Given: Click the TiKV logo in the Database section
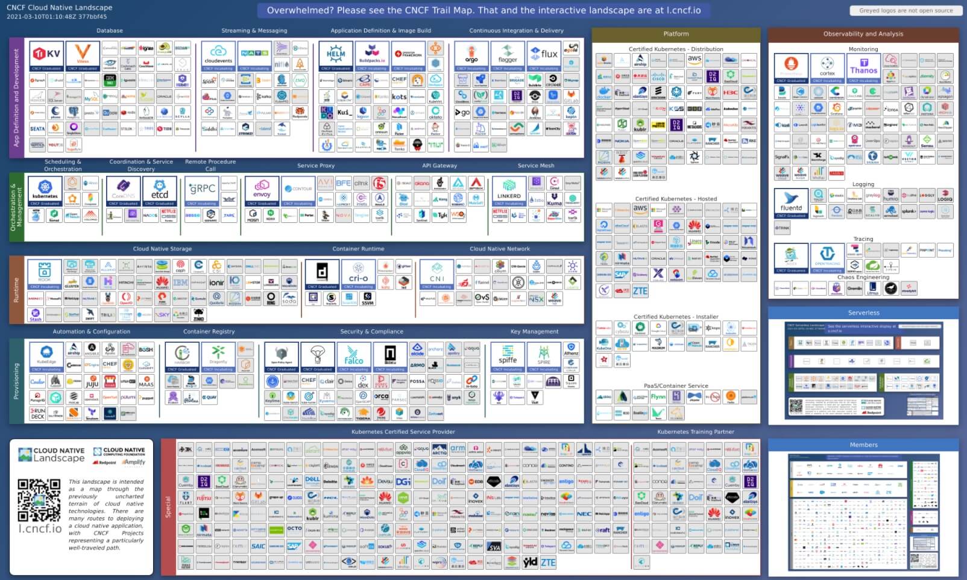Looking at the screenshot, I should pyautogui.click(x=46, y=55).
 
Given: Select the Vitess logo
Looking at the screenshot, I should pyautogui.click(x=83, y=55).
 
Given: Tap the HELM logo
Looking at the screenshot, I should pyautogui.click(x=336, y=55).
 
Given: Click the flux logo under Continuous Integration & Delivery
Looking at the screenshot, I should pyautogui.click(x=544, y=55).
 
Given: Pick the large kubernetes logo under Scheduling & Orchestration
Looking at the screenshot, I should pyautogui.click(x=45, y=190).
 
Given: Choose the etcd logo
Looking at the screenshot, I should pyautogui.click(x=159, y=190).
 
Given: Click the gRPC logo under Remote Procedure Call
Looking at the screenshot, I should pyautogui.click(x=202, y=190).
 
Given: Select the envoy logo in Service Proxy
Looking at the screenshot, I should pyautogui.click(x=262, y=190).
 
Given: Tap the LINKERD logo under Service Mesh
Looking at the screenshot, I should pyautogui.click(x=509, y=190).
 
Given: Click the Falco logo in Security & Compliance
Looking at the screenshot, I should pyautogui.click(x=354, y=356).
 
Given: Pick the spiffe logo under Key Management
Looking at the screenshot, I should pyautogui.click(x=508, y=356).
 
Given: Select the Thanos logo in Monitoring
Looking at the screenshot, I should pyautogui.click(x=863, y=67).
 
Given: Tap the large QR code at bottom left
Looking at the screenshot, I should pyautogui.click(x=39, y=500).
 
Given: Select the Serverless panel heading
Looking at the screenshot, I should pyautogui.click(x=863, y=313).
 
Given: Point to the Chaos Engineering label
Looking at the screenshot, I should pyautogui.click(x=863, y=277).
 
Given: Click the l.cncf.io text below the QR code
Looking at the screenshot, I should pyautogui.click(x=40, y=528).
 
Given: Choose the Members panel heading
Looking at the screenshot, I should pyautogui.click(x=863, y=444).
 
